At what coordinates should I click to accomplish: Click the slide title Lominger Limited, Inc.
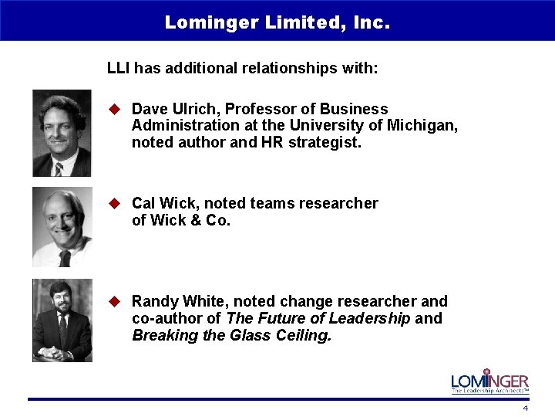click(x=277, y=22)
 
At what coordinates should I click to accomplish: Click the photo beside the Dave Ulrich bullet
click(x=62, y=133)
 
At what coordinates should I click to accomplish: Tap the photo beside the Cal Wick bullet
click(x=62, y=227)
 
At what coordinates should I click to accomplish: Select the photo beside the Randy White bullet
click(x=62, y=320)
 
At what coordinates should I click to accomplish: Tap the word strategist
click(x=325, y=142)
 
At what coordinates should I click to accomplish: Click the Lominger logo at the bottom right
click(x=489, y=381)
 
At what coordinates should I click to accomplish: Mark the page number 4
click(x=525, y=407)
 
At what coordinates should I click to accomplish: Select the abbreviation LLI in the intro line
click(x=118, y=68)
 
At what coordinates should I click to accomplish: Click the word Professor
click(x=255, y=109)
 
